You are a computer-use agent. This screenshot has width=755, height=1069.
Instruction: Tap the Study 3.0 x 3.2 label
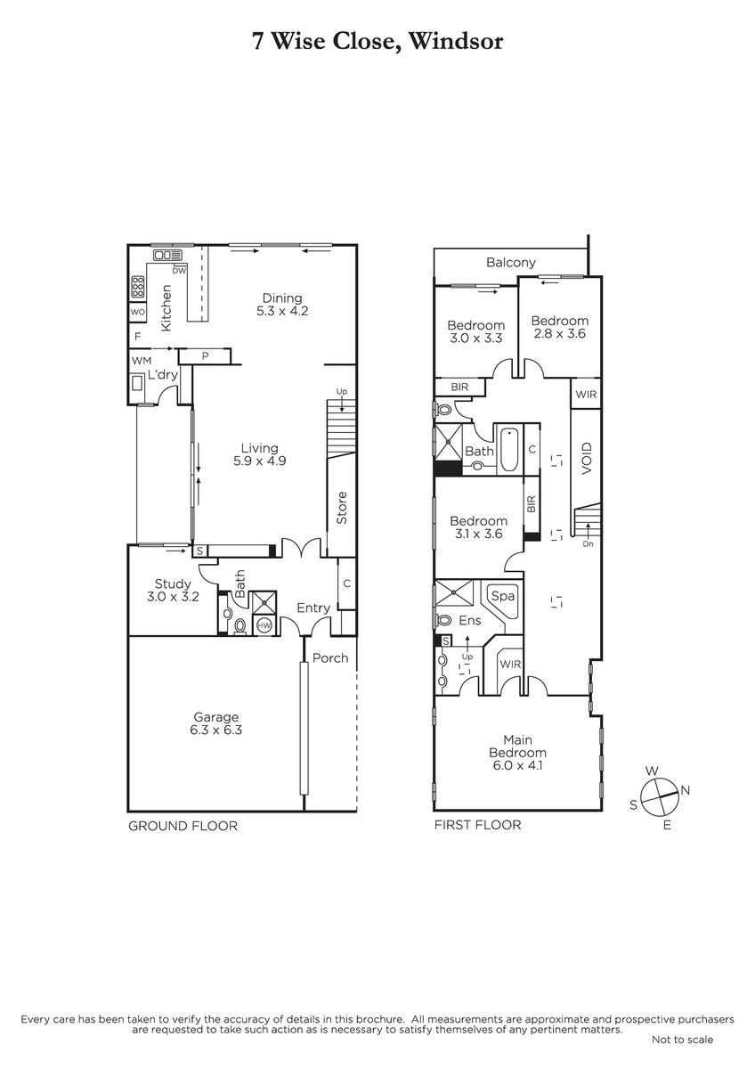(173, 591)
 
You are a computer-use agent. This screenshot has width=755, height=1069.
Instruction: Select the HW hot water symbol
(264, 624)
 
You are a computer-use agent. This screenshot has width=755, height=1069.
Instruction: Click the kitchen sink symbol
(168, 256)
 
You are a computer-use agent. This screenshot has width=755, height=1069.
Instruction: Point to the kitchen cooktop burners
(138, 287)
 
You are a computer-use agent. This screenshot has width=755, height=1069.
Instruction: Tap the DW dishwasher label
(179, 271)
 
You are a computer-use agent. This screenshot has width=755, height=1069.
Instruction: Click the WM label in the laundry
(142, 361)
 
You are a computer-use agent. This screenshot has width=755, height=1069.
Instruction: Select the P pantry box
(205, 356)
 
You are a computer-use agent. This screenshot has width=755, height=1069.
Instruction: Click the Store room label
(342, 508)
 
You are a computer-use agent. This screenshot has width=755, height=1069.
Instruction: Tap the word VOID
(587, 458)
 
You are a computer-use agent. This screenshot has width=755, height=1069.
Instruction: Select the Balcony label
(511, 263)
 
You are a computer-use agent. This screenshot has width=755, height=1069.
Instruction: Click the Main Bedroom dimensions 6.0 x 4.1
(517, 766)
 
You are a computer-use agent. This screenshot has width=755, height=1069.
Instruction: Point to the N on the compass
(686, 791)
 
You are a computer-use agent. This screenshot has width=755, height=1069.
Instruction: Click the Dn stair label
(589, 544)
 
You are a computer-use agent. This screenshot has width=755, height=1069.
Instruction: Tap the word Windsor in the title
(456, 42)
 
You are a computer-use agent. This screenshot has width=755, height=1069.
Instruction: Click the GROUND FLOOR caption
(183, 826)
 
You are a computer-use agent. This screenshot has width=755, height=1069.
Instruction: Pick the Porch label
(330, 658)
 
